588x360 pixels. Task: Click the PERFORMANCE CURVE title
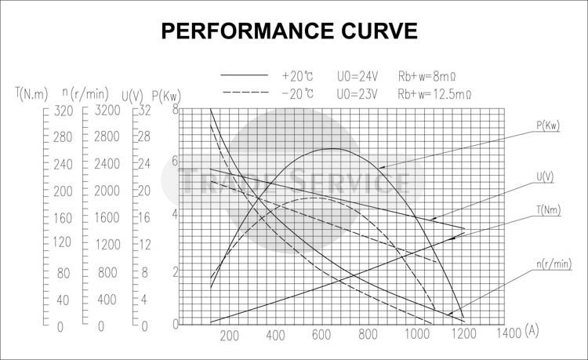(289, 31)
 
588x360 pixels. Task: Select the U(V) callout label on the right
(545, 178)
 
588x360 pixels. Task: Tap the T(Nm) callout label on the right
(547, 210)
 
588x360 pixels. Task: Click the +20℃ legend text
(298, 77)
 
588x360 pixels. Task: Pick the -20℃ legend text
(298, 94)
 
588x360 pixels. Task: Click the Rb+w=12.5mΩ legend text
(434, 94)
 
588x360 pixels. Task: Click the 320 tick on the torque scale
(63, 111)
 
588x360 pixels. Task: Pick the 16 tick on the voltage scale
(143, 218)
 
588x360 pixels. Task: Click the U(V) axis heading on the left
(134, 95)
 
